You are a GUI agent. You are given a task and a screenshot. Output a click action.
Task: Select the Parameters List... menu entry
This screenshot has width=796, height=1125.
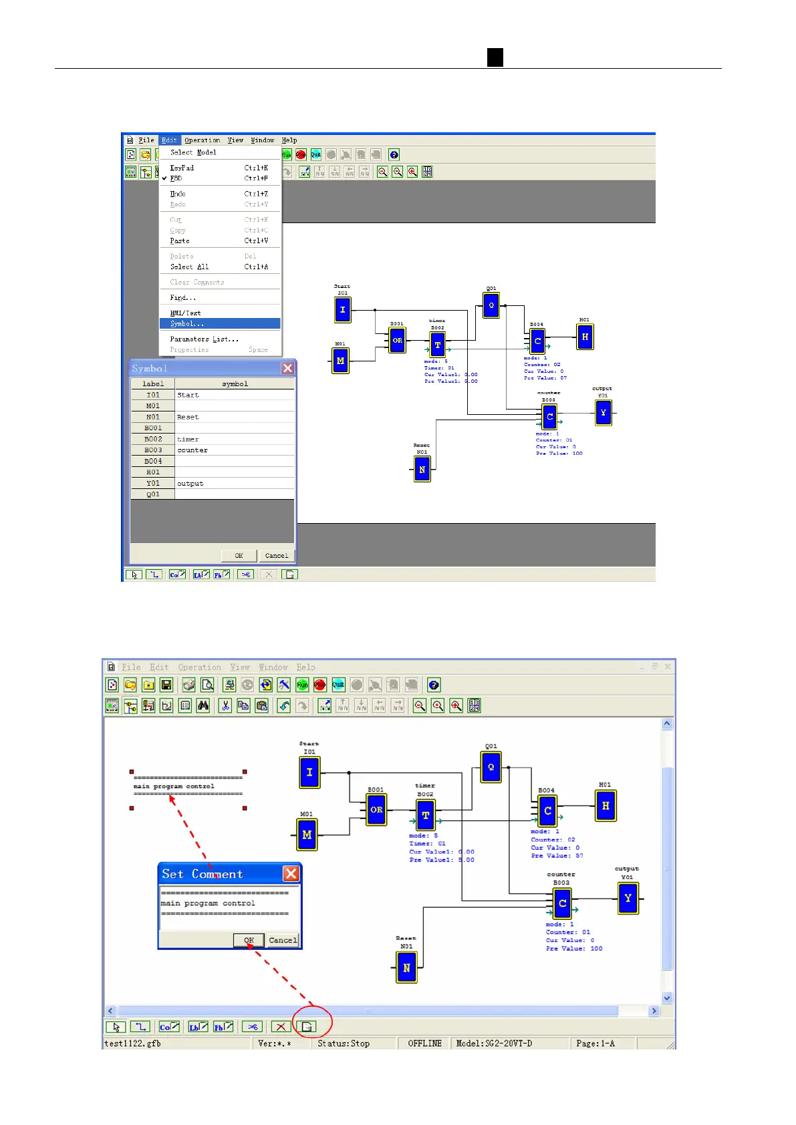click(204, 339)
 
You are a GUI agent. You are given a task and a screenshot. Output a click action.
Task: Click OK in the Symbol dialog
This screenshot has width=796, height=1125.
click(239, 556)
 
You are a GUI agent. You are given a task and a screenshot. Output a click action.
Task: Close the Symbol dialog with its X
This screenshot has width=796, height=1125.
click(287, 368)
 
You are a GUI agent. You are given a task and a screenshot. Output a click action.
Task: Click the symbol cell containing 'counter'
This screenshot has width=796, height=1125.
click(234, 450)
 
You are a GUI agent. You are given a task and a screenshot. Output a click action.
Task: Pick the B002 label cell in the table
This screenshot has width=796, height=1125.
click(153, 440)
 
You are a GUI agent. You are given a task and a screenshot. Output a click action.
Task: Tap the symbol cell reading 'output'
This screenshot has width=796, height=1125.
click(234, 484)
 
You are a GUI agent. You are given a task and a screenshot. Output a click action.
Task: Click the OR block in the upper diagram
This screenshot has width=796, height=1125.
click(397, 340)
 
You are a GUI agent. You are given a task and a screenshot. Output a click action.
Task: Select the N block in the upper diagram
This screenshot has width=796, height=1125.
click(422, 470)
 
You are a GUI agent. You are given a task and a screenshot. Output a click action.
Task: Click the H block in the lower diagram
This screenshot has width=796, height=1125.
click(605, 806)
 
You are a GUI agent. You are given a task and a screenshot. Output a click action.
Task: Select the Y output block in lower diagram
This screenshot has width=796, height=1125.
click(628, 899)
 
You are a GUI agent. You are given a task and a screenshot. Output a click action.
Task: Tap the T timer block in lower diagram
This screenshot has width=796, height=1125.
click(425, 815)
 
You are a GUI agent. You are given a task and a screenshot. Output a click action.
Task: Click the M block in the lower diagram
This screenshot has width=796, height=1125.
click(307, 834)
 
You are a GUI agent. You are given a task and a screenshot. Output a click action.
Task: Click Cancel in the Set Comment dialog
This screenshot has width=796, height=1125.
click(283, 940)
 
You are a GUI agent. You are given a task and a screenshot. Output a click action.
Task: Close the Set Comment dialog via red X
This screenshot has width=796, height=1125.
click(291, 874)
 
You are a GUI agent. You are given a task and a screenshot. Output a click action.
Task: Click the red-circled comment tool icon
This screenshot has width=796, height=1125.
click(307, 1027)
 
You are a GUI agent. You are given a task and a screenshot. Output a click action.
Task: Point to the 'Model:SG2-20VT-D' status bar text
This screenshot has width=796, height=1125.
click(494, 1043)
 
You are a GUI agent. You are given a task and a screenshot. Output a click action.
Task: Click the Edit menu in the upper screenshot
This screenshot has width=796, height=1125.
click(169, 140)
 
